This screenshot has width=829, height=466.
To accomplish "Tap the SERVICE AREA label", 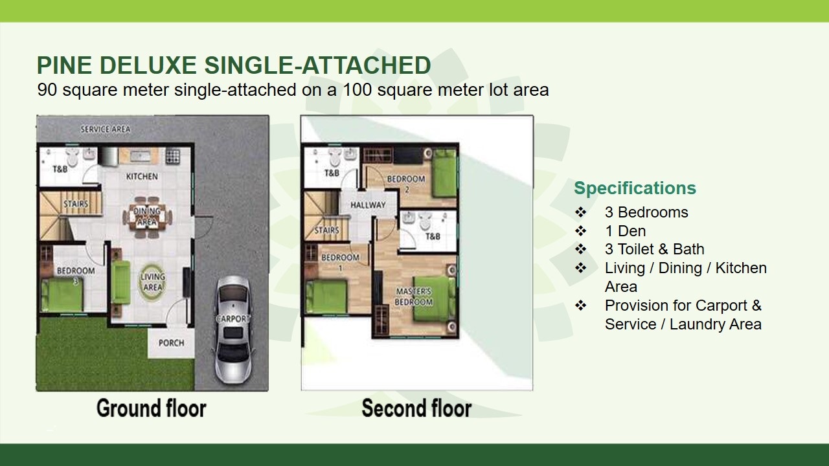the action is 106,129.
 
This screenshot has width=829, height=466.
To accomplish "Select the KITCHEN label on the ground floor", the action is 142,177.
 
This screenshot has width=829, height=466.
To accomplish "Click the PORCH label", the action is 172,343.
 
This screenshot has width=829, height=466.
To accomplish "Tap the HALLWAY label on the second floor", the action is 368,205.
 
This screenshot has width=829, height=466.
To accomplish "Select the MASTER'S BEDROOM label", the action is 414,296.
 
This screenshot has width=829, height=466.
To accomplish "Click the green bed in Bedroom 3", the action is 62,295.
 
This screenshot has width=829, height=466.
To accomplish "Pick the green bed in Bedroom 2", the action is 444,173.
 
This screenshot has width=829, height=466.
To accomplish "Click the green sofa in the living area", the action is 120,282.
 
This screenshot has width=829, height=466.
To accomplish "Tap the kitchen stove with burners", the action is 173,156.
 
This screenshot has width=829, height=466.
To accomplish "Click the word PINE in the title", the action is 64,65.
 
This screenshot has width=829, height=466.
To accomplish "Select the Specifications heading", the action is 635,188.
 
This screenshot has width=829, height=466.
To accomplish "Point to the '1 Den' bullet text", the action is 625,231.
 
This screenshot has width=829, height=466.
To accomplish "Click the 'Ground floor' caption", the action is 152,408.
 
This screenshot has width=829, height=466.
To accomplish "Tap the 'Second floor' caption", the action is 416,408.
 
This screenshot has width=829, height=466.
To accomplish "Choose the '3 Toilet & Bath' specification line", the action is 654,249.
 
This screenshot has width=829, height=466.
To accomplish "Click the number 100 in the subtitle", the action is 357,90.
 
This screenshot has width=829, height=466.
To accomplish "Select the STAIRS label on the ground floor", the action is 76,204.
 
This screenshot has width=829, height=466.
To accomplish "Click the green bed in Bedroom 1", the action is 326,297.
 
